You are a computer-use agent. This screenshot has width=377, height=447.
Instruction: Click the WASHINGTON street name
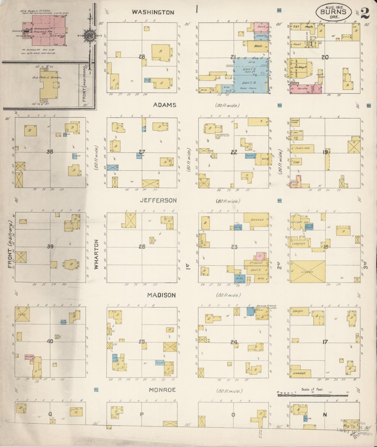[x=153, y=12]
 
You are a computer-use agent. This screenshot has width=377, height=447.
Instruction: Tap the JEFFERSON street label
[x=158, y=200]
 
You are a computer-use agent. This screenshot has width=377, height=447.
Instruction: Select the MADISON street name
[x=161, y=295]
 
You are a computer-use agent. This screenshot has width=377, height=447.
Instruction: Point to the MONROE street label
[x=162, y=390]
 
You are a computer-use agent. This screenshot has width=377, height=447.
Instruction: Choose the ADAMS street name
[x=165, y=105]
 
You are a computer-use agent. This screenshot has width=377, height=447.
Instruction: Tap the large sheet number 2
[x=365, y=13]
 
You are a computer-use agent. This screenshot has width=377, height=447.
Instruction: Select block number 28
[x=142, y=57]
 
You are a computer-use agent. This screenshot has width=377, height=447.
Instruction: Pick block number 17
[x=325, y=342]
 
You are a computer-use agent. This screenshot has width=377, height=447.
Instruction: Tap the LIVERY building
[x=308, y=271]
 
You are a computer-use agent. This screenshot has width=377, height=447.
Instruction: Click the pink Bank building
[x=261, y=27]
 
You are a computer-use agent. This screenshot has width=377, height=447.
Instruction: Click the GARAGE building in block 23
[x=256, y=220]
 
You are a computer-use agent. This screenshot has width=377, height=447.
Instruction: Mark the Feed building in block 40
[x=22, y=314]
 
